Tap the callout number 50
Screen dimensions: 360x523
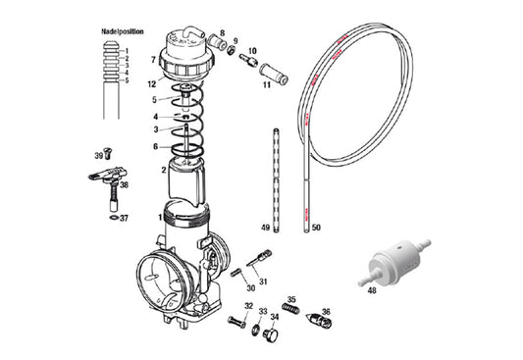point(316,228)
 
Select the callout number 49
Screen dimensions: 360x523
point(265,228)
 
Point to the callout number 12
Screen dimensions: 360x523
point(151,84)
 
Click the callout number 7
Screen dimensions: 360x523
point(152,60)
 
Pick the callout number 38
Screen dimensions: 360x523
point(125,183)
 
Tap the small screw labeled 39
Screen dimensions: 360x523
point(108,155)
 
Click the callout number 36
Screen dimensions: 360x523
point(326,312)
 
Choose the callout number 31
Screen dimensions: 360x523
point(262,281)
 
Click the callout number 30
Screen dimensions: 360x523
point(250,288)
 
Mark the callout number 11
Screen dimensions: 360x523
point(265,85)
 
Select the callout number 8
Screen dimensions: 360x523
point(222,33)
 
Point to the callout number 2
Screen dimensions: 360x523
point(164,170)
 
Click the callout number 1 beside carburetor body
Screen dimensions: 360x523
point(160,216)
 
